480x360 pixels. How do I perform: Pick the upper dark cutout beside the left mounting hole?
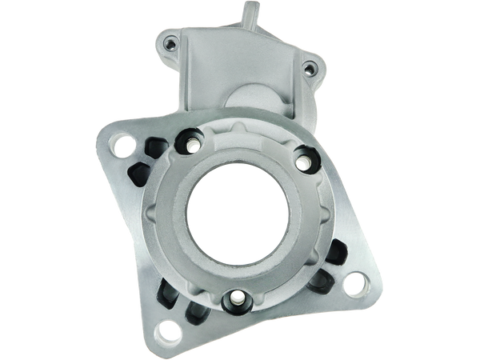pos(154,146)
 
